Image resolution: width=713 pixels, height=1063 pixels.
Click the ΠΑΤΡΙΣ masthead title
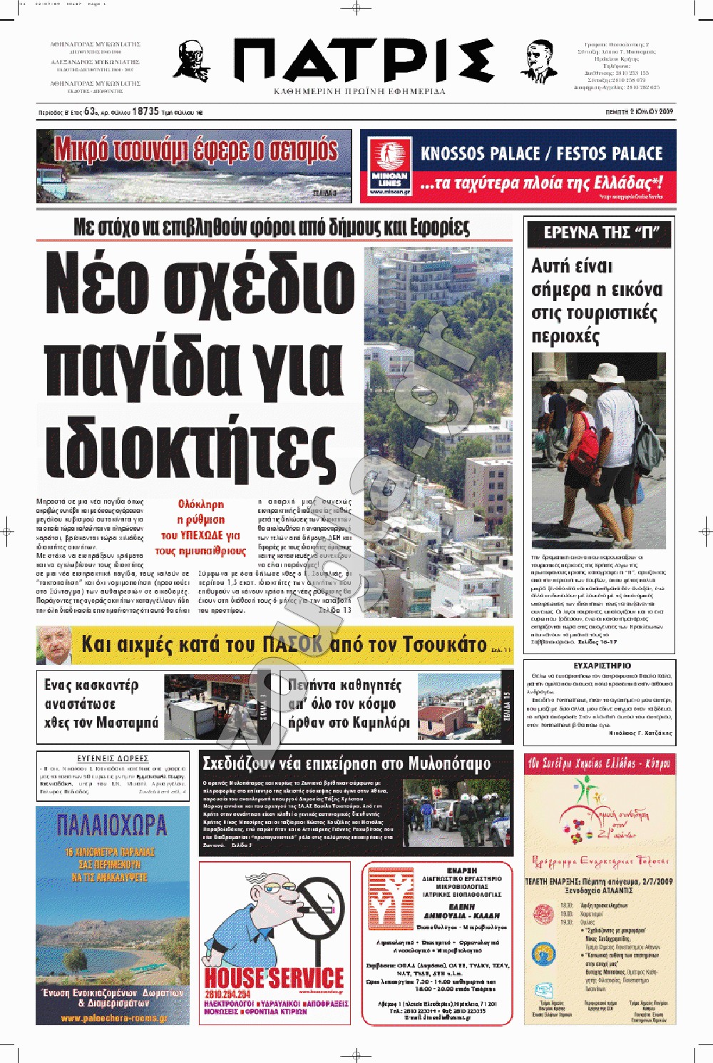tap(364, 61)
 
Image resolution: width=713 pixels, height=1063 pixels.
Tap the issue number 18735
tap(145, 111)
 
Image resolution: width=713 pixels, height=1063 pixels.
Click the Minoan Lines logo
tap(390, 168)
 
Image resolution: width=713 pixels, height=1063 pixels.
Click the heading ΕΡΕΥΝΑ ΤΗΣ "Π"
tap(598, 233)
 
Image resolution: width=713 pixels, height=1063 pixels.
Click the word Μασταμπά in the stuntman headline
tap(127, 723)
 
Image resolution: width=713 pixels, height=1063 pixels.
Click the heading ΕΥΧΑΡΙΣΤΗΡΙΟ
tap(602, 666)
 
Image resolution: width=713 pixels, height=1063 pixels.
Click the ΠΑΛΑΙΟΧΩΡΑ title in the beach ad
tap(112, 825)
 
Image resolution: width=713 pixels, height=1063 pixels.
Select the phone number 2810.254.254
tap(227, 994)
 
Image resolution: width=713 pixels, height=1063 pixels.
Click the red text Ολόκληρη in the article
tap(201, 504)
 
